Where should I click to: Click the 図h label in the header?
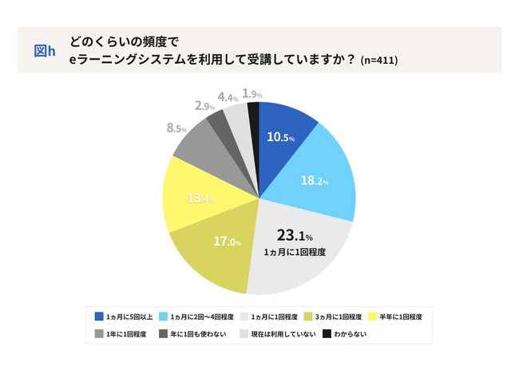click(45, 50)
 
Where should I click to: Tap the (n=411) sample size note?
click(379, 60)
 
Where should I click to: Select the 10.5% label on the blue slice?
click(280, 136)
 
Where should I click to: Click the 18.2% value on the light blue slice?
click(315, 180)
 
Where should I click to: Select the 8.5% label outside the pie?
click(176, 128)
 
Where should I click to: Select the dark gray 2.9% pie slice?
click(216, 123)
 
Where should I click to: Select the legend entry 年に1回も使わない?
click(193, 333)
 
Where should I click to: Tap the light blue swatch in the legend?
click(165, 316)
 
